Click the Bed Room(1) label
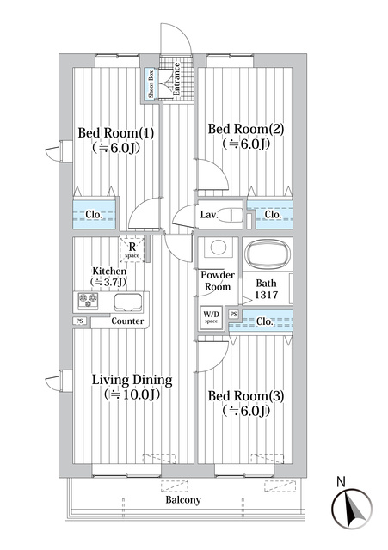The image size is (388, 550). click(x=115, y=133)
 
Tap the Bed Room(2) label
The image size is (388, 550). click(x=246, y=129)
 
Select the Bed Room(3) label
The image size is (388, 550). click(x=246, y=396)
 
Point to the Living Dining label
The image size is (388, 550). click(x=132, y=380)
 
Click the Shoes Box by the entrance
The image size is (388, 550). click(x=151, y=84)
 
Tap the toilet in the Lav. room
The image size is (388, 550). click(x=231, y=215)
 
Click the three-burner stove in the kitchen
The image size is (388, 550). click(x=88, y=302)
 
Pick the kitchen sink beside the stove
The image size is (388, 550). click(x=128, y=302)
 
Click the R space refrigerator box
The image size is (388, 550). click(x=132, y=249)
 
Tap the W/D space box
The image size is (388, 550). click(x=211, y=318)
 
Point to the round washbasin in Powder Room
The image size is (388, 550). click(x=218, y=247)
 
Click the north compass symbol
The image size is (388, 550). click(x=352, y=508)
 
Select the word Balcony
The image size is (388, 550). click(x=183, y=500)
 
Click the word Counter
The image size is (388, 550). click(x=127, y=321)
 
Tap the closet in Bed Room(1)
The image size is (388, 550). click(x=94, y=214)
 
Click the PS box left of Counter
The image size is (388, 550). click(x=80, y=321)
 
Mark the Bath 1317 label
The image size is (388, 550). click(x=266, y=289)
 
